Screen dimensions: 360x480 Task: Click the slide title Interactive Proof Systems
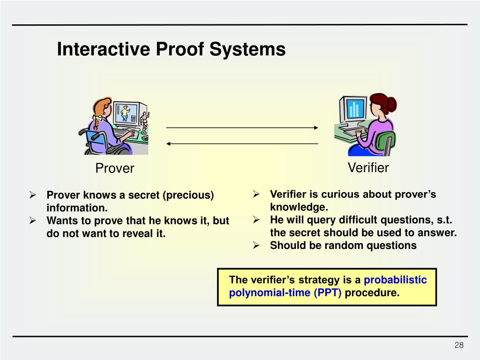click(x=171, y=49)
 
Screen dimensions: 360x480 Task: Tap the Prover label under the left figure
click(x=115, y=168)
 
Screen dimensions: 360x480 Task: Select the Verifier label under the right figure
click(x=368, y=167)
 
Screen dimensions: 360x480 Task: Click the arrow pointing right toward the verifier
click(x=242, y=127)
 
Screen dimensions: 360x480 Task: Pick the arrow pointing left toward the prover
click(x=242, y=143)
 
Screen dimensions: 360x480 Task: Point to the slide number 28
click(x=459, y=345)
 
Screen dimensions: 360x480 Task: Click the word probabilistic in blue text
click(x=395, y=280)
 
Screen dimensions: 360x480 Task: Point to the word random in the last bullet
click(x=332, y=245)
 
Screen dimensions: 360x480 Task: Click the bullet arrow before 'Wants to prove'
click(x=33, y=220)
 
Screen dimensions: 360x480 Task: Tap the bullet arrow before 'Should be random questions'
click(x=257, y=245)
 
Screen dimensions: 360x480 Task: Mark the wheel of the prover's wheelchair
click(x=96, y=143)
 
